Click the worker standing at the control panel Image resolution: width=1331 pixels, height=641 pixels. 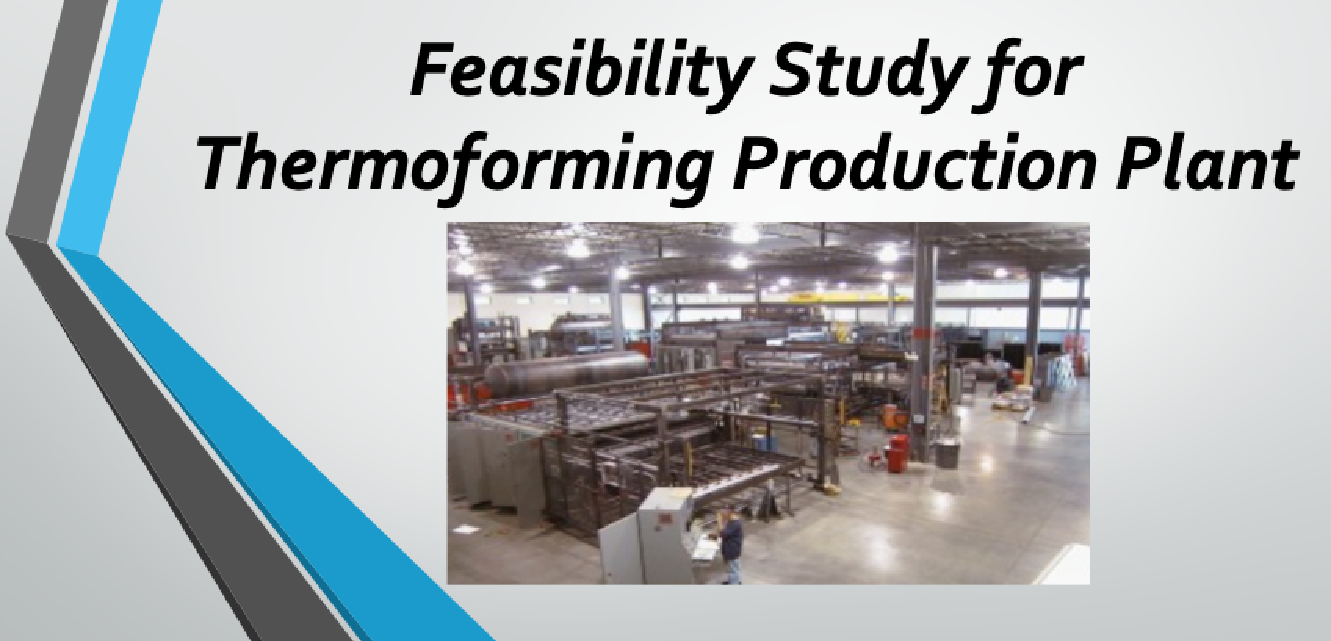tap(731, 546)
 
